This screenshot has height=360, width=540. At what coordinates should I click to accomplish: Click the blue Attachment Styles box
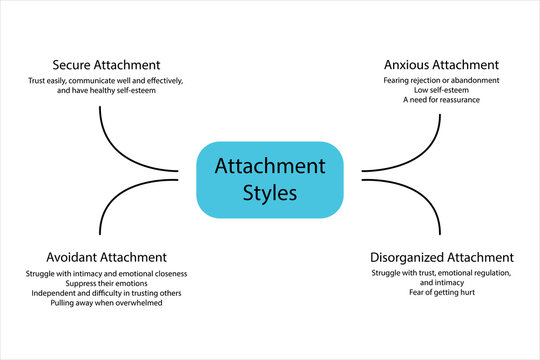pyautogui.click(x=269, y=179)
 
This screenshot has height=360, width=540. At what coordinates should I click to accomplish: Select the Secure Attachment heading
pyautogui.click(x=106, y=65)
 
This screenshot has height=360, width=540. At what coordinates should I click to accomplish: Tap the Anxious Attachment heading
pyautogui.click(x=441, y=65)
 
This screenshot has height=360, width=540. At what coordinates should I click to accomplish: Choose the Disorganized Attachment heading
pyautogui.click(x=441, y=257)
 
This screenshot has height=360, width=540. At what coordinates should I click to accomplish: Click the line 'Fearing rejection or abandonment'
pyautogui.click(x=441, y=80)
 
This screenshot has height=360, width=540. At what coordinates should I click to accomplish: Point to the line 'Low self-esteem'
pyautogui.click(x=441, y=90)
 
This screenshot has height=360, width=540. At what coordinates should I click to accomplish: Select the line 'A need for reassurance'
pyautogui.click(x=441, y=100)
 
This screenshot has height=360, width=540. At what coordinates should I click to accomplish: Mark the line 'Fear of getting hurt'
pyautogui.click(x=441, y=292)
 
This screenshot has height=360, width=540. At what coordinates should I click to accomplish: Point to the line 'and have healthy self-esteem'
pyautogui.click(x=106, y=89)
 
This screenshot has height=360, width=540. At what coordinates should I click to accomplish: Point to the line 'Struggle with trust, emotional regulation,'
pyautogui.click(x=441, y=272)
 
